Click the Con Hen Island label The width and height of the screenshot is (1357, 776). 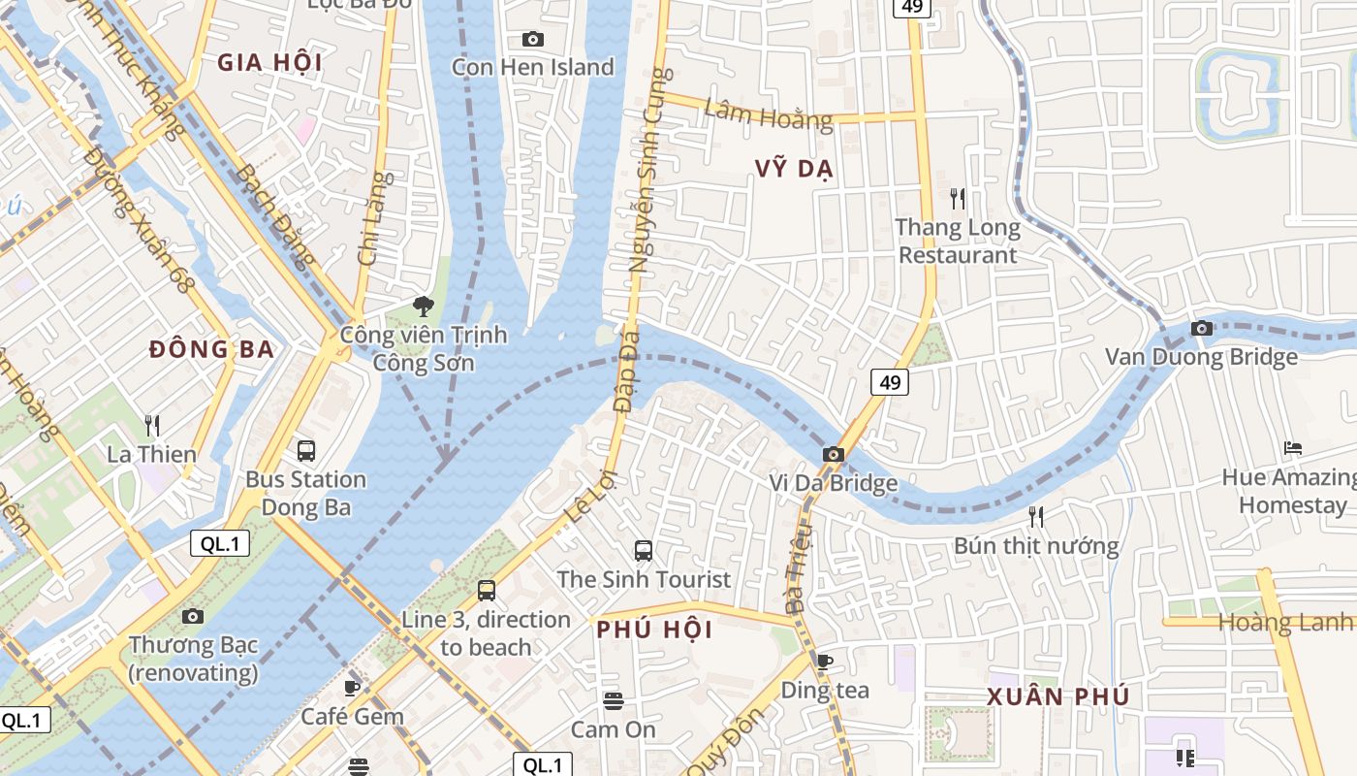[x=533, y=67]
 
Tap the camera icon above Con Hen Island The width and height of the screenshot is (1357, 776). [x=532, y=39]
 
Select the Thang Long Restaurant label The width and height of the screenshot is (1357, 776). [x=958, y=242]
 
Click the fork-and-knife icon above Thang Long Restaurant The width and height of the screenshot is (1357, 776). [x=958, y=199]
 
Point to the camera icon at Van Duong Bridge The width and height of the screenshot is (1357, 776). [x=1202, y=328]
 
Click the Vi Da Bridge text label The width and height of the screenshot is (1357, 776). [x=833, y=482]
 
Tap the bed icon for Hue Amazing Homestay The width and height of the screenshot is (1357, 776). [x=1292, y=447]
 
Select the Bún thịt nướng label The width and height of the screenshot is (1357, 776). [x=1036, y=546]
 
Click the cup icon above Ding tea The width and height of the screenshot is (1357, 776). [x=824, y=662]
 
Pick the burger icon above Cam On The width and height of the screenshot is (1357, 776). [x=613, y=700]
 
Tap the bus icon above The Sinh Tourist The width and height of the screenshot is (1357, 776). [x=643, y=551]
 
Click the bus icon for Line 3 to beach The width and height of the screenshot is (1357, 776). [x=487, y=590]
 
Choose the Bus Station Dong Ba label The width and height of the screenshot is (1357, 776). [x=305, y=493]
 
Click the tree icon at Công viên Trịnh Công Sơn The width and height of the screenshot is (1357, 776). [x=423, y=307]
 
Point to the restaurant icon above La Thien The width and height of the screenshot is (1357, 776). [x=151, y=425]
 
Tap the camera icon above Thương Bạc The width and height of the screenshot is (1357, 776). [x=193, y=616]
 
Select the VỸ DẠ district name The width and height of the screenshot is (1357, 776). [x=794, y=169]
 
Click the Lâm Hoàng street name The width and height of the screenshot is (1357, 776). [x=768, y=114]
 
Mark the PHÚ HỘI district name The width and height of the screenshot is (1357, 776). [x=654, y=630]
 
